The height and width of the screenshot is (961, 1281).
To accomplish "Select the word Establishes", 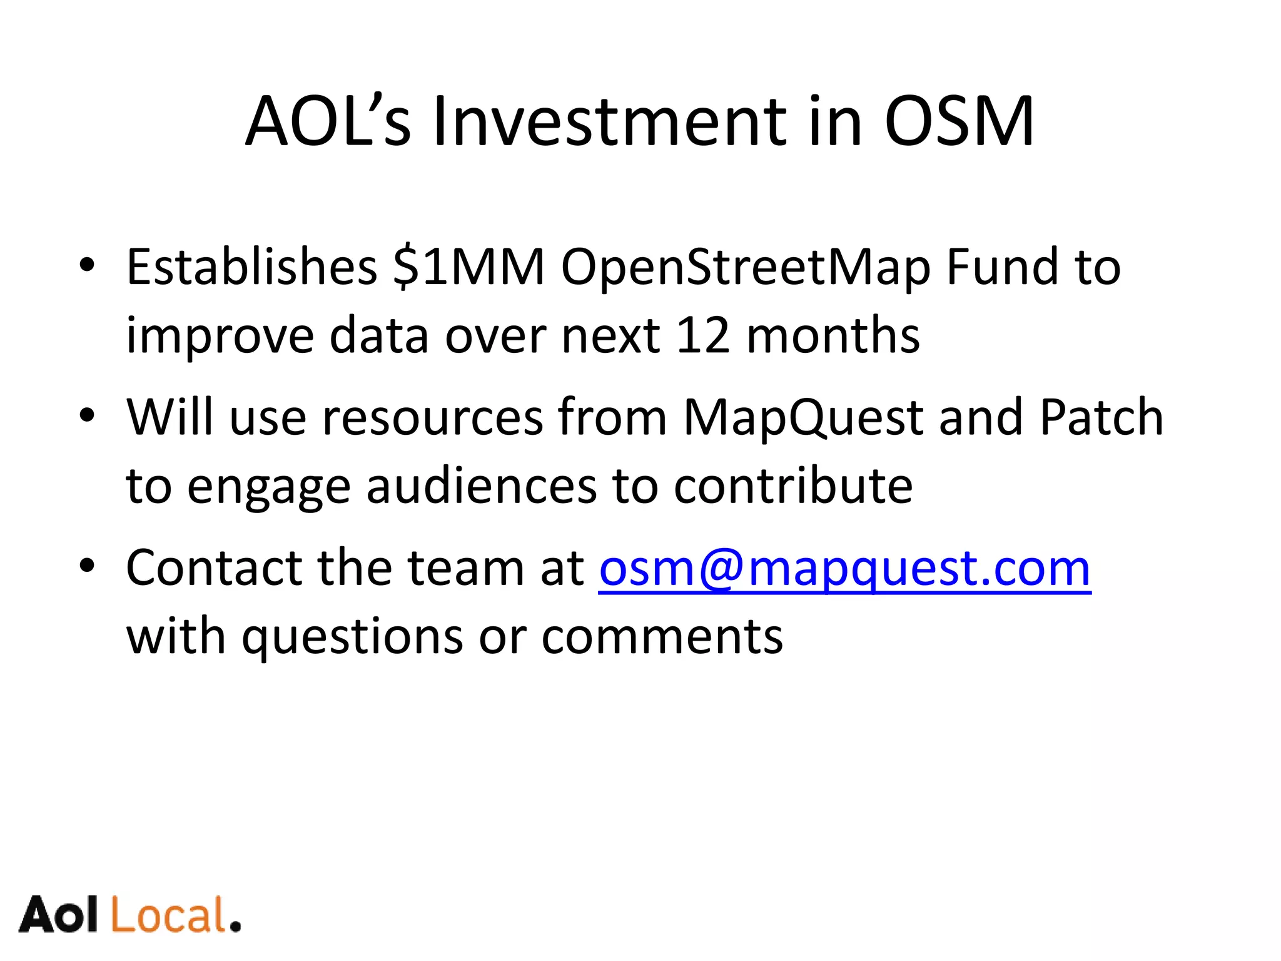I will click(251, 267).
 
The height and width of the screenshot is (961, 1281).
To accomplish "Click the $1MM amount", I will click(469, 267).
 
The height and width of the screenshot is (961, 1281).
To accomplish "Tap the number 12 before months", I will click(703, 336).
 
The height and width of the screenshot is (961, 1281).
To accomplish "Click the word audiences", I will click(482, 486).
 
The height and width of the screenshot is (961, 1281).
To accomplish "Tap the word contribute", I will click(793, 486).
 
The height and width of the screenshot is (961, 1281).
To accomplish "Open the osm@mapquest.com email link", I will click(844, 569).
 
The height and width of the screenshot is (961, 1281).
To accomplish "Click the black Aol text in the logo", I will click(59, 915).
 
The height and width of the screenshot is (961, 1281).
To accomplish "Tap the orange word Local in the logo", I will click(169, 915).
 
